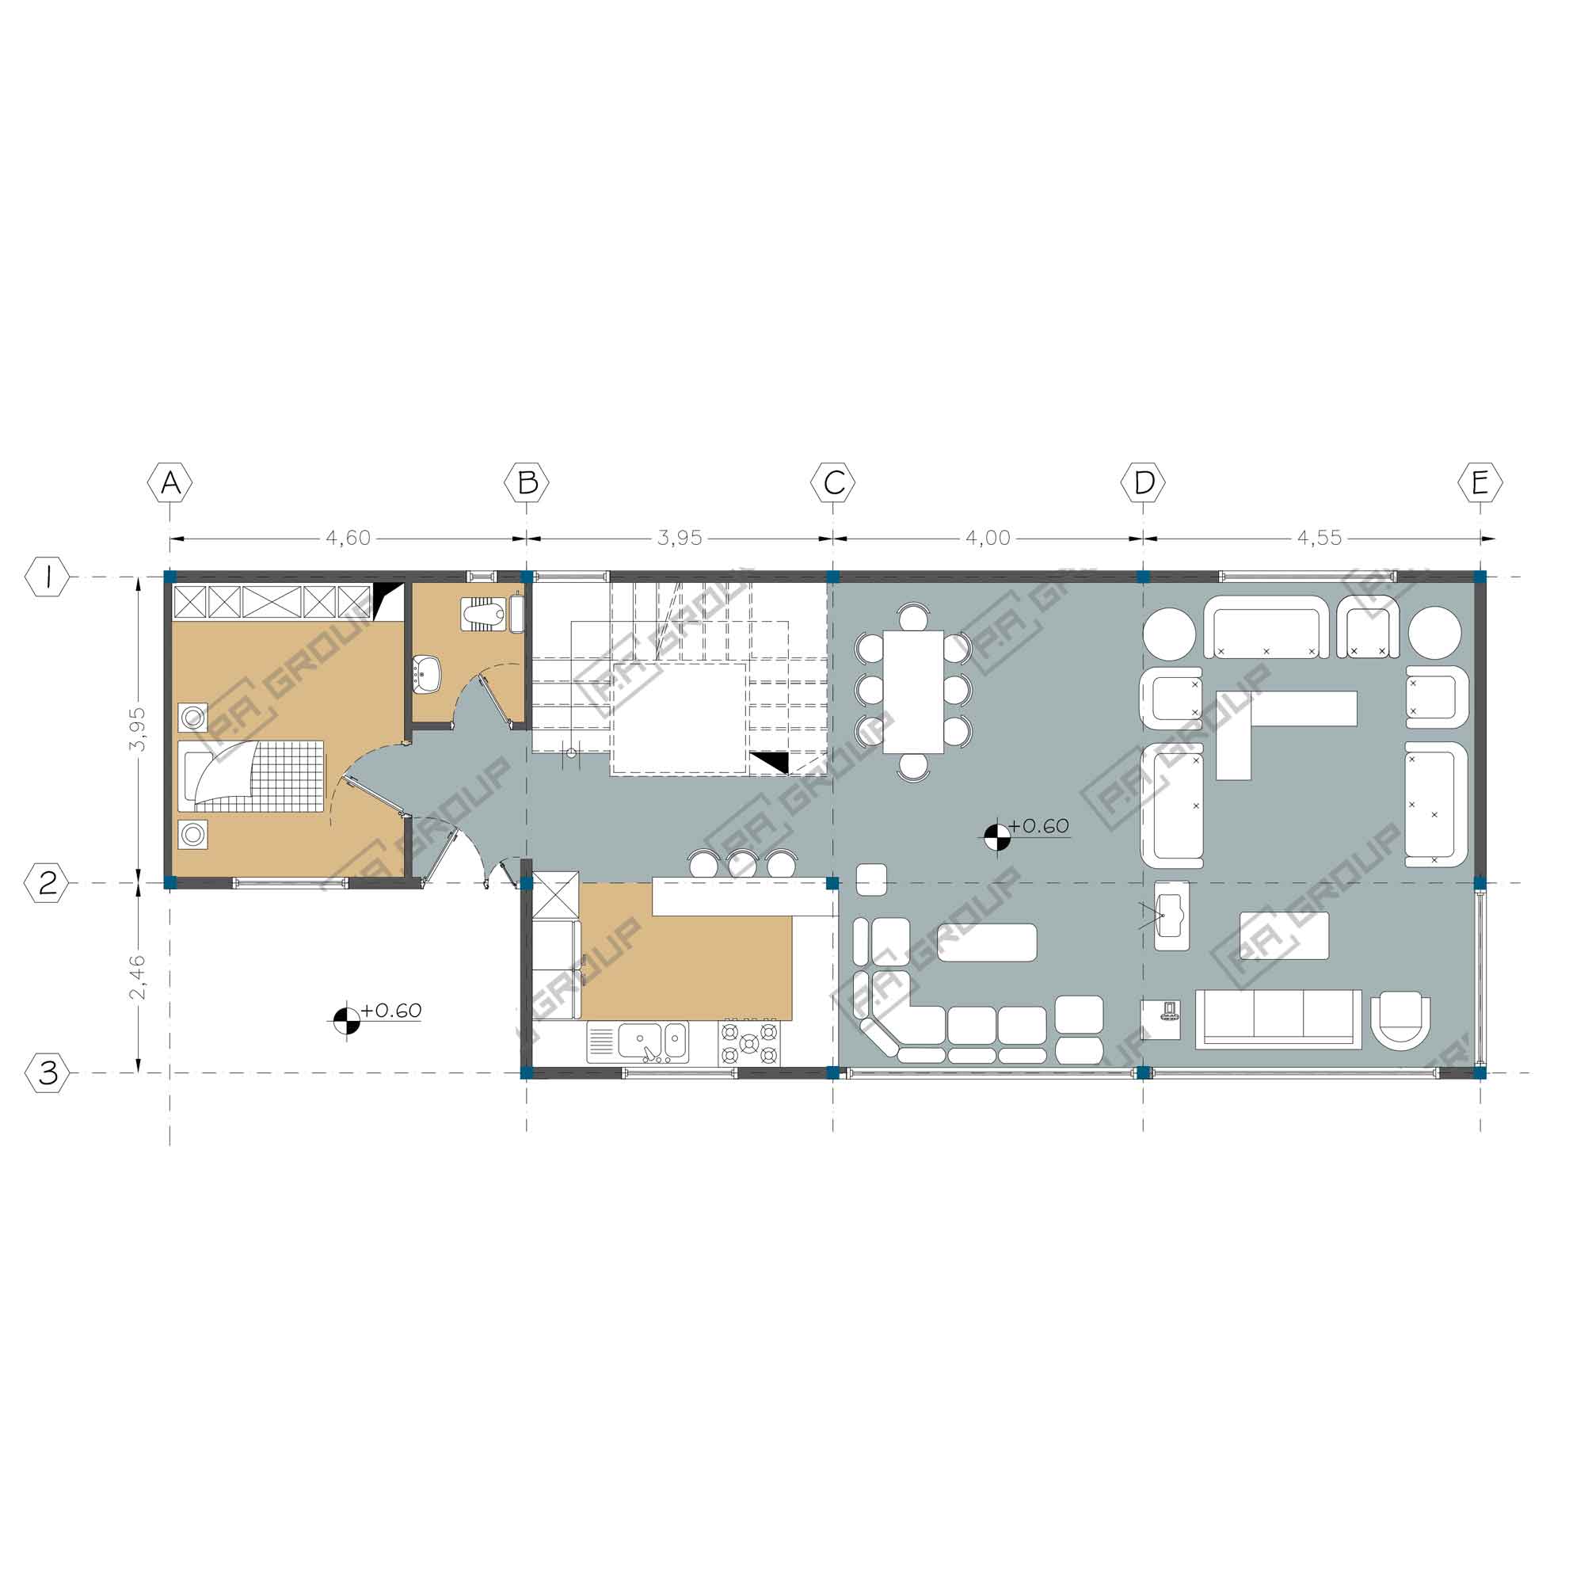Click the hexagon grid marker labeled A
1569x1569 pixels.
169,483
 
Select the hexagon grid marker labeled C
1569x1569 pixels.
833,483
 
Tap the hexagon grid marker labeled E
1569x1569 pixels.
1480,483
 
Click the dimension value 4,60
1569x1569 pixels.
348,538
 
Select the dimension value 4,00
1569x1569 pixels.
988,538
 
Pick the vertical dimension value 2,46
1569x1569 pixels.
138,978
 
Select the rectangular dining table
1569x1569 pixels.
914,691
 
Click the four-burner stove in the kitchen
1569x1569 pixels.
748,1043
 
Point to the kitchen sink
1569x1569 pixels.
653,1042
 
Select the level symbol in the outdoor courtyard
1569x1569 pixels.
347,1020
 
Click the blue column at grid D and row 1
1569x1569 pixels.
1144,577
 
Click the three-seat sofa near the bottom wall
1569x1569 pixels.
1278,1019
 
